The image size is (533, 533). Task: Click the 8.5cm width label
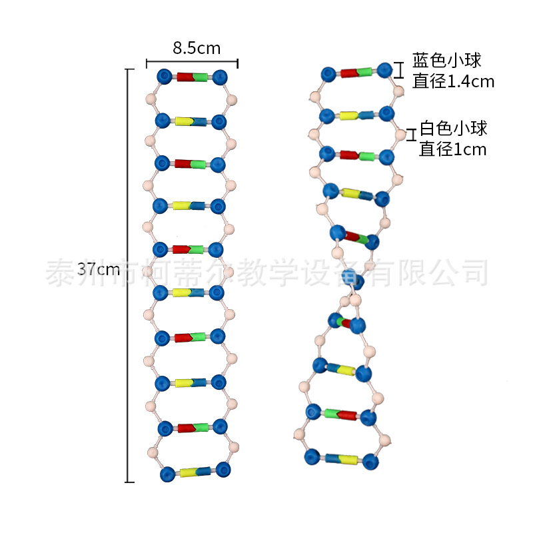click(x=197, y=48)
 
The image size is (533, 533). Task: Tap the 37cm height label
click(x=99, y=269)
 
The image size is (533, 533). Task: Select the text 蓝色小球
click(x=447, y=61)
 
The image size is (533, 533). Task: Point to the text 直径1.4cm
click(x=453, y=81)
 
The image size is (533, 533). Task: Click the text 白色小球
click(x=454, y=129)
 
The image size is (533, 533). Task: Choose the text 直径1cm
click(x=452, y=149)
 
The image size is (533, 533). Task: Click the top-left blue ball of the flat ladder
click(x=165, y=77)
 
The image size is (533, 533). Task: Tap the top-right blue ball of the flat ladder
click(x=220, y=77)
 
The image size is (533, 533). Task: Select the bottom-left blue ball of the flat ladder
click(x=168, y=474)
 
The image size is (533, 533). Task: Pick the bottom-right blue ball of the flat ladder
click(x=223, y=470)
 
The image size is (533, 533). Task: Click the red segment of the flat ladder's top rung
click(x=185, y=77)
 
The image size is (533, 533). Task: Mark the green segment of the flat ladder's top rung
click(x=201, y=77)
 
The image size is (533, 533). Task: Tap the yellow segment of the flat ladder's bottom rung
click(x=189, y=472)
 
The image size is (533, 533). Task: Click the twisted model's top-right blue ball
click(x=385, y=71)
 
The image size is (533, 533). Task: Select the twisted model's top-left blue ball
click(x=328, y=75)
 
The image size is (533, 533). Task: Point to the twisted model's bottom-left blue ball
click(x=312, y=457)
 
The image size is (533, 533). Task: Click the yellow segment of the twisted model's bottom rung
click(x=348, y=460)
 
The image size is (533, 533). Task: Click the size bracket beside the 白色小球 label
click(x=412, y=135)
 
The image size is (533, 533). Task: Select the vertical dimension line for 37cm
click(x=129, y=276)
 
